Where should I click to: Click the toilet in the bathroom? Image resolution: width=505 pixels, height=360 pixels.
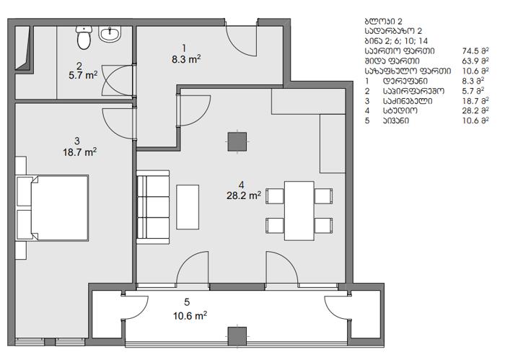(84, 38)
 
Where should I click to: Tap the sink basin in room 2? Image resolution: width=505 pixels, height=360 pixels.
(110, 34)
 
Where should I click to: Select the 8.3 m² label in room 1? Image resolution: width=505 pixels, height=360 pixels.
(186, 59)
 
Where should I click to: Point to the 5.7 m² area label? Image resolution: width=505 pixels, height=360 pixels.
(83, 75)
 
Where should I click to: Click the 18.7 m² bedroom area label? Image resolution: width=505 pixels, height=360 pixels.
(80, 152)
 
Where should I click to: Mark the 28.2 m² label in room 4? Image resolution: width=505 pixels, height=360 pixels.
(244, 196)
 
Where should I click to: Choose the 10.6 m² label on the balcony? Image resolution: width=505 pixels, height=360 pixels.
(190, 315)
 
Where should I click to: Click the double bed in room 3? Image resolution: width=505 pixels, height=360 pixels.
(60, 208)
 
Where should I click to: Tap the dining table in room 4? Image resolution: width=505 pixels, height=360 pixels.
(299, 211)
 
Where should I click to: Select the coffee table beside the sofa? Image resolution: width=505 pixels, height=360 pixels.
(188, 207)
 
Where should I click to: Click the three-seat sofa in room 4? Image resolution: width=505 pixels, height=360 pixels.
(153, 207)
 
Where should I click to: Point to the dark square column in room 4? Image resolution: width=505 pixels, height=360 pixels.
(237, 141)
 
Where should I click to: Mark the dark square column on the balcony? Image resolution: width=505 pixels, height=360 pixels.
(237, 336)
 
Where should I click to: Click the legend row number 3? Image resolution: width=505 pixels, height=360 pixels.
(367, 101)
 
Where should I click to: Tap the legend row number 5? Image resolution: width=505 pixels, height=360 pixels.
(367, 120)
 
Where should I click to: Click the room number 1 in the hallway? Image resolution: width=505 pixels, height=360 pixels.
(184, 48)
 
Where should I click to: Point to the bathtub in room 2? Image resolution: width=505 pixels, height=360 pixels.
(24, 48)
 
